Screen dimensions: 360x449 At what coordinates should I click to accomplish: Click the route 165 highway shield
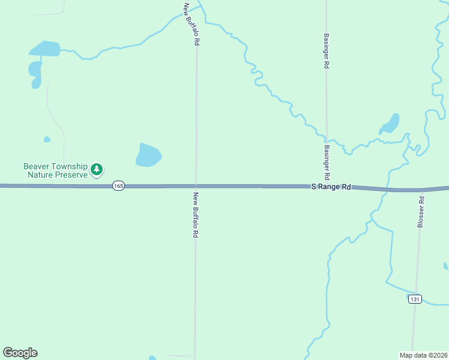tap(118, 187)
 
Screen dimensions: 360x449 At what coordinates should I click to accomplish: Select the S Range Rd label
tap(331, 187)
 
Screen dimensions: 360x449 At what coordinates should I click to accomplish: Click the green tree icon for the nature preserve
tap(97, 170)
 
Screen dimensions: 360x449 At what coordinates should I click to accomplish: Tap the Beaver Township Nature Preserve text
tap(55, 170)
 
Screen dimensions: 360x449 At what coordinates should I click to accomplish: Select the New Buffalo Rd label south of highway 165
tap(196, 215)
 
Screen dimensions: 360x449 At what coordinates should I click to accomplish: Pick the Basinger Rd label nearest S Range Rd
tap(327, 163)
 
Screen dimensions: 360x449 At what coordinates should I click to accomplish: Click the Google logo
tap(20, 353)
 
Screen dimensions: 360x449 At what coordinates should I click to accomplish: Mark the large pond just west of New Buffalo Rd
tap(148, 155)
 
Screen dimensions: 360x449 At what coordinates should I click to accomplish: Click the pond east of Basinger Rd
tap(390, 124)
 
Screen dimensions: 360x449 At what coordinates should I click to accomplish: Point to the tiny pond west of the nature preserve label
tap(47, 140)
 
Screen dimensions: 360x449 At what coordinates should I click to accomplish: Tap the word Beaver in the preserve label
tap(37, 166)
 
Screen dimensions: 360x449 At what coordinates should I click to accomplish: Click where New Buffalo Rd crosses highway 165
tap(195, 186)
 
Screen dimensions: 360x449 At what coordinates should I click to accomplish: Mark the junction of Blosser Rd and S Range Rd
tap(422, 190)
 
